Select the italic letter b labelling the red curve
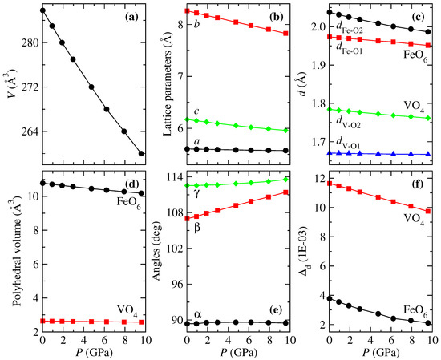pos(196,25)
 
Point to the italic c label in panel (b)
pos(196,111)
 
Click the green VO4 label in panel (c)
pos(411,105)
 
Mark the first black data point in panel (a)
pos(42,10)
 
